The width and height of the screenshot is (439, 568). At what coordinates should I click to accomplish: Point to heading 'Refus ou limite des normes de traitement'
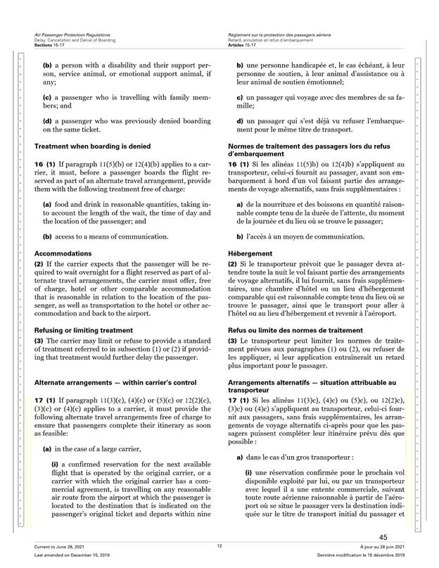(x=296, y=329)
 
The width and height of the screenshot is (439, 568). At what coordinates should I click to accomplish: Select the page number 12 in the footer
(x=220, y=545)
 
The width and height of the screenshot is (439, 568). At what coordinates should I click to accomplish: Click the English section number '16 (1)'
(x=46, y=164)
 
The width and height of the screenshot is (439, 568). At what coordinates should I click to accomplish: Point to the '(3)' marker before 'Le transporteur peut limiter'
(x=233, y=341)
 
